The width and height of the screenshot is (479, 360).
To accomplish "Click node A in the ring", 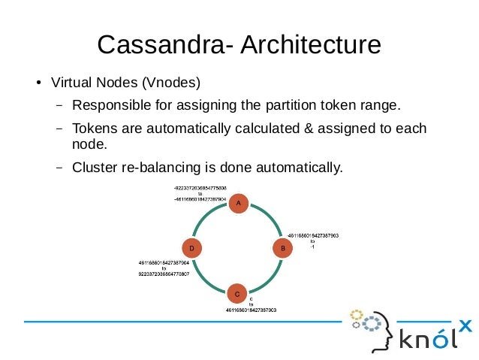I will tap(238, 203).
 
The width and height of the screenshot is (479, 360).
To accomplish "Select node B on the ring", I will tap(282, 247).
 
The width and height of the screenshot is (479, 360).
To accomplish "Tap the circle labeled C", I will tap(236, 293).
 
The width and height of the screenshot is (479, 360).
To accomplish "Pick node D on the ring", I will tap(193, 247).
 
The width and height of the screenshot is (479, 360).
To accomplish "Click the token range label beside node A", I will tap(200, 192).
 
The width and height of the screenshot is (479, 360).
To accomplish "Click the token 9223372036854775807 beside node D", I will tap(163, 274).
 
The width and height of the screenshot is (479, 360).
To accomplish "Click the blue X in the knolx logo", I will tap(465, 325).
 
